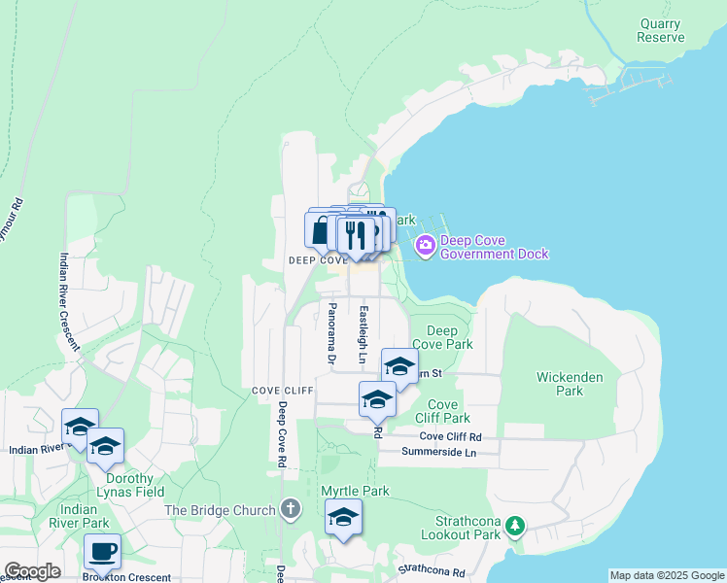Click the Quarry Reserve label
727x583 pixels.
pyautogui.click(x=661, y=30)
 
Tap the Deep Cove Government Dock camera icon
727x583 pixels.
pyautogui.click(x=425, y=245)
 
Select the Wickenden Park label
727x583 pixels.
pyautogui.click(x=570, y=383)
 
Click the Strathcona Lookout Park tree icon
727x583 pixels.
pyautogui.click(x=515, y=527)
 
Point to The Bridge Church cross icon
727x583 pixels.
pyautogui.click(x=290, y=508)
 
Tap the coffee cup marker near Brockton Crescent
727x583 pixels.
pyautogui.click(x=103, y=553)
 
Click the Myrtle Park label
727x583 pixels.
pyautogui.click(x=356, y=492)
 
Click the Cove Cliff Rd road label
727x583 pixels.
pyautogui.click(x=451, y=438)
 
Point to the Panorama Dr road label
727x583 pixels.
pyautogui.click(x=332, y=332)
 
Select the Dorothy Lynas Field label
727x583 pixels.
pyautogui.click(x=124, y=485)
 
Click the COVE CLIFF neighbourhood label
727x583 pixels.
pyautogui.click(x=283, y=391)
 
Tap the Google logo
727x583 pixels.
pyautogui.click(x=32, y=571)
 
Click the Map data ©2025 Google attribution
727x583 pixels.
pyautogui.click(x=666, y=575)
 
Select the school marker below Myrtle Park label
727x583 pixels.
pyautogui.click(x=343, y=518)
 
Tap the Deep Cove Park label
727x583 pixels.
pyautogui.click(x=442, y=337)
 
